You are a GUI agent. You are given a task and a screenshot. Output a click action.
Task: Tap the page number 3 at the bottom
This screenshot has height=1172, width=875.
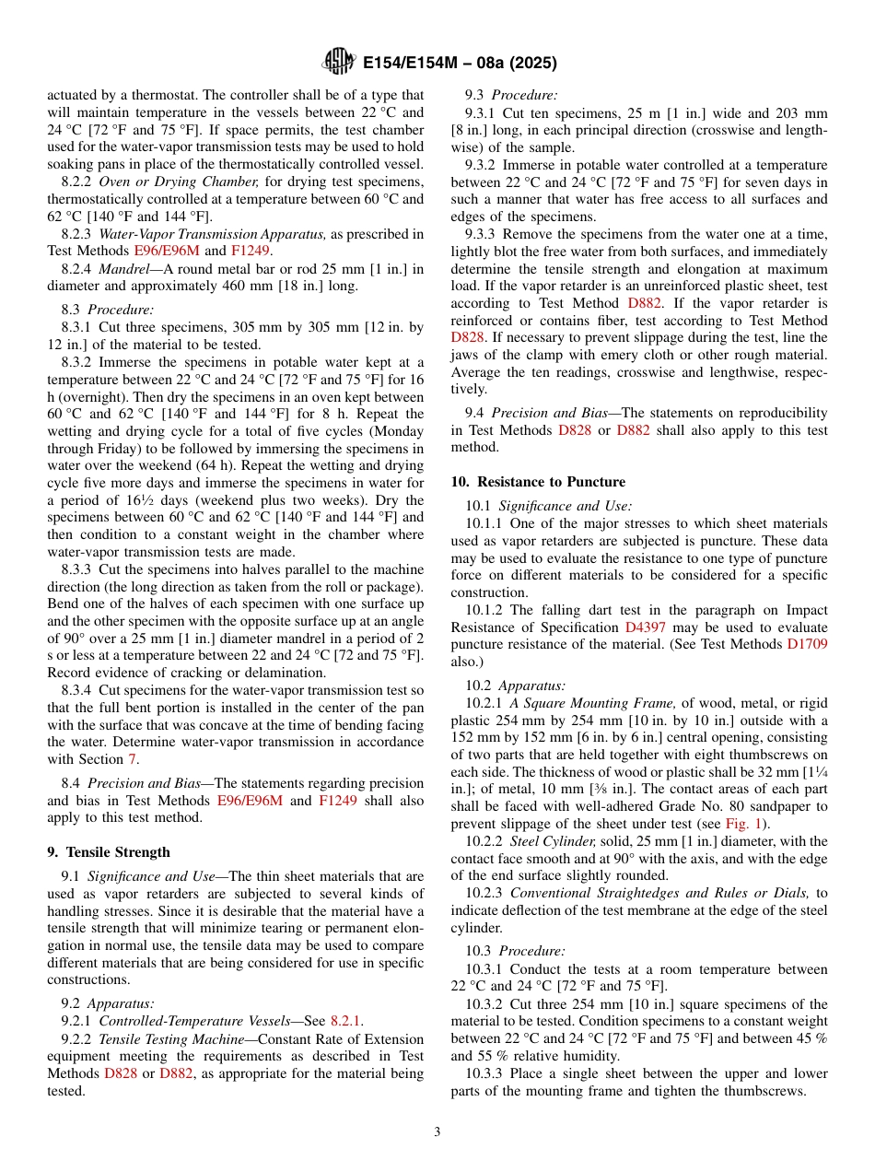pos(437,1131)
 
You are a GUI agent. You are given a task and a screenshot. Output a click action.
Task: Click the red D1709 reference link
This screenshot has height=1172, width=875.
pos(807,645)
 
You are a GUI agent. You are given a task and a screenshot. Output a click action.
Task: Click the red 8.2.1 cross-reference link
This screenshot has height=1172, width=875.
pos(345,1021)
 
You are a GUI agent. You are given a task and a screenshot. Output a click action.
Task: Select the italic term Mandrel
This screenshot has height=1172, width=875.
pos(124,269)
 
